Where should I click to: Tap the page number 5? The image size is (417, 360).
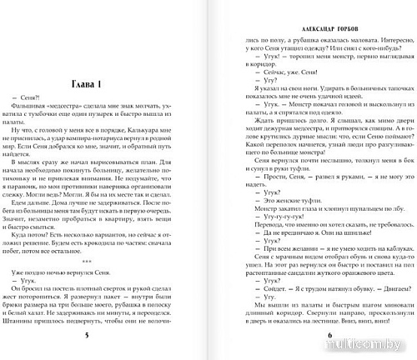coord(109,345)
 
